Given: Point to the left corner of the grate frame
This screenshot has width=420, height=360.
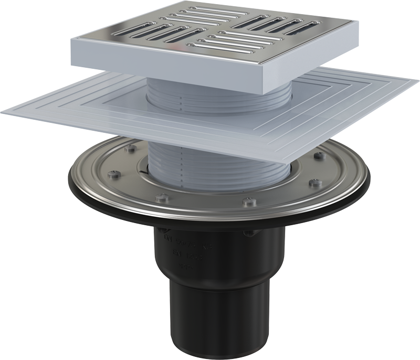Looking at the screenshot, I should click(x=73, y=43).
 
